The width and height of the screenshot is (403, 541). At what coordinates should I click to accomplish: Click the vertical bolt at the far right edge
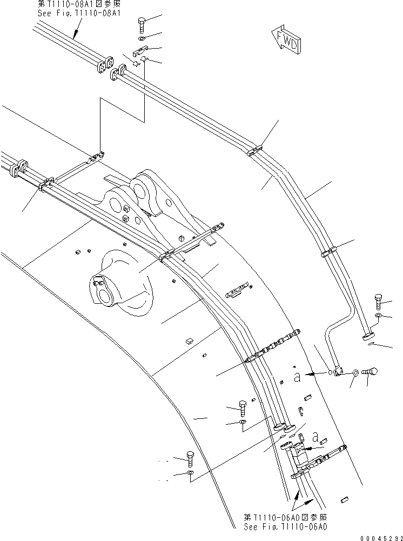click(378, 300)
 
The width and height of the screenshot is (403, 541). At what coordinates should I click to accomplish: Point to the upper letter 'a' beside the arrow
click(297, 376)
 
